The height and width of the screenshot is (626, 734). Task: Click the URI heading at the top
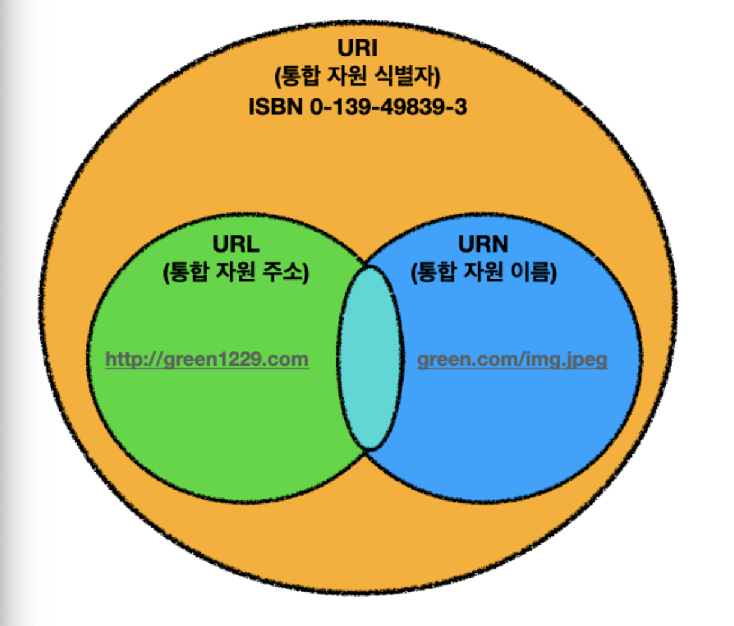tap(357, 48)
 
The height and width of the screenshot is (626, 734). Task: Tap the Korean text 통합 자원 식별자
tap(357, 77)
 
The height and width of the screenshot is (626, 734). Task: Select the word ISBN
tap(276, 107)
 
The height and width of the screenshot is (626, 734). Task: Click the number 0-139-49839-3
tap(388, 107)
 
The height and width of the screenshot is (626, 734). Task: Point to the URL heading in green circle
tap(236, 244)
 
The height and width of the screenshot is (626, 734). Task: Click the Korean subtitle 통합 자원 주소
tap(236, 272)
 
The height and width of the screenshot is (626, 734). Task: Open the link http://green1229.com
tap(207, 360)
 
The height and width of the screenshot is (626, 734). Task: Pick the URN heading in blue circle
tap(483, 244)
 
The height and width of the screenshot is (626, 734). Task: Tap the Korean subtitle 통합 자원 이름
tap(484, 272)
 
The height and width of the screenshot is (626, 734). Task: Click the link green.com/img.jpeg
tap(512, 360)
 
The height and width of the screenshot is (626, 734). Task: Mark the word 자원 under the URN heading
tap(483, 272)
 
